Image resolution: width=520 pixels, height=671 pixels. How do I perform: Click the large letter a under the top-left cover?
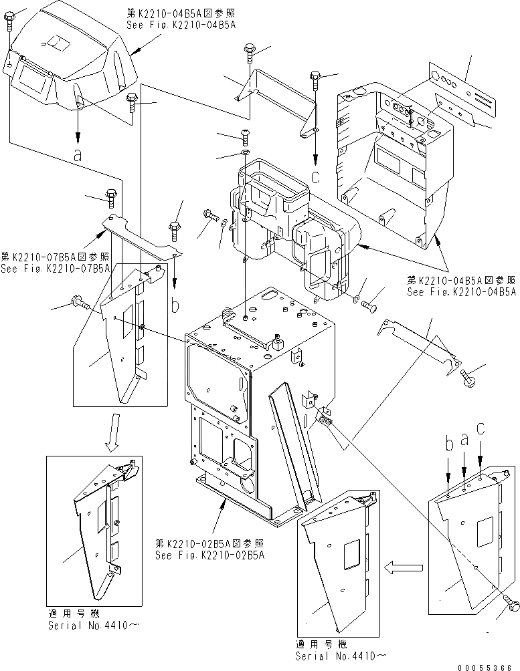(78, 154)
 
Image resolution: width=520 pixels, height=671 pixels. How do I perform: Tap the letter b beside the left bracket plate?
(175, 305)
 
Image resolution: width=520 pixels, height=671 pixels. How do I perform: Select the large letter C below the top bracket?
(315, 176)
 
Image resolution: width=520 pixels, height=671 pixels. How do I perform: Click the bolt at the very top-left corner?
(11, 23)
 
